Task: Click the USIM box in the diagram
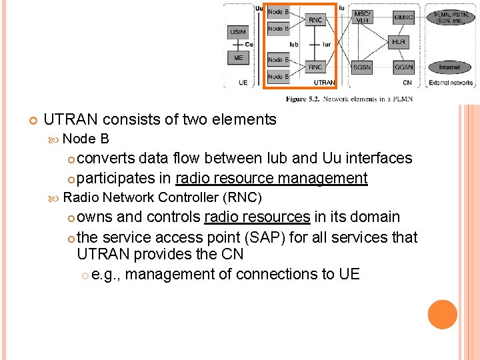click(237, 32)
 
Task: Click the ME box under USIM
click(238, 58)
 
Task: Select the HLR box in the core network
click(399, 42)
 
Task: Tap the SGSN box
click(362, 67)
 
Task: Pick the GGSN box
click(403, 67)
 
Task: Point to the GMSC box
click(403, 17)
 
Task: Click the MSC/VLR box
click(362, 17)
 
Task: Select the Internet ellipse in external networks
click(449, 67)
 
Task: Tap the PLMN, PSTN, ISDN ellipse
click(450, 17)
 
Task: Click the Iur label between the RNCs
click(326, 45)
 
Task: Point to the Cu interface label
click(249, 45)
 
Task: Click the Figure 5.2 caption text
click(349, 99)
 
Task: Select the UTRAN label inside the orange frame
click(324, 83)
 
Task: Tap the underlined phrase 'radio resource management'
click(271, 178)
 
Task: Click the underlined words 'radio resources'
click(257, 217)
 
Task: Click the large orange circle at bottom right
click(443, 315)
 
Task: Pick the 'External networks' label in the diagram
click(451, 83)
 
